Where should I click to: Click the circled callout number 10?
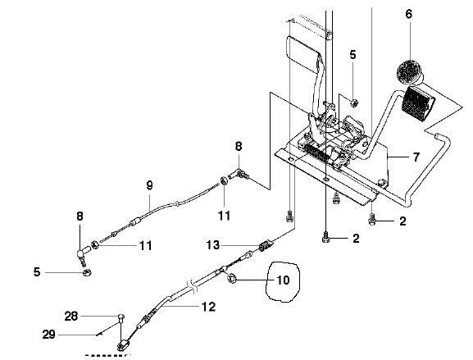[283, 280]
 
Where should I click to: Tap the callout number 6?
[409, 14]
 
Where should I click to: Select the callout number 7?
[416, 157]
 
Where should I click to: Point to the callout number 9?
[150, 185]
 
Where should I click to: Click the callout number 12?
[209, 307]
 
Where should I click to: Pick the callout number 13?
[213, 244]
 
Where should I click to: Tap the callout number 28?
[71, 317]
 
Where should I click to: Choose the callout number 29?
[48, 335]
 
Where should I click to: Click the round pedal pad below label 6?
[409, 72]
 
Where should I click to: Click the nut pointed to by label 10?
[231, 279]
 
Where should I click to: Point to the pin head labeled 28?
[120, 317]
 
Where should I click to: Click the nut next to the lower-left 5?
[87, 272]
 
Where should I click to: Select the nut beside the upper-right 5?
[355, 103]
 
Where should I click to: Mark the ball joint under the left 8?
[81, 255]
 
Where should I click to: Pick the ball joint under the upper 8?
[239, 175]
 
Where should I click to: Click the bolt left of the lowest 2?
[325, 238]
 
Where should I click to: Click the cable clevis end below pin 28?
[124, 345]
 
